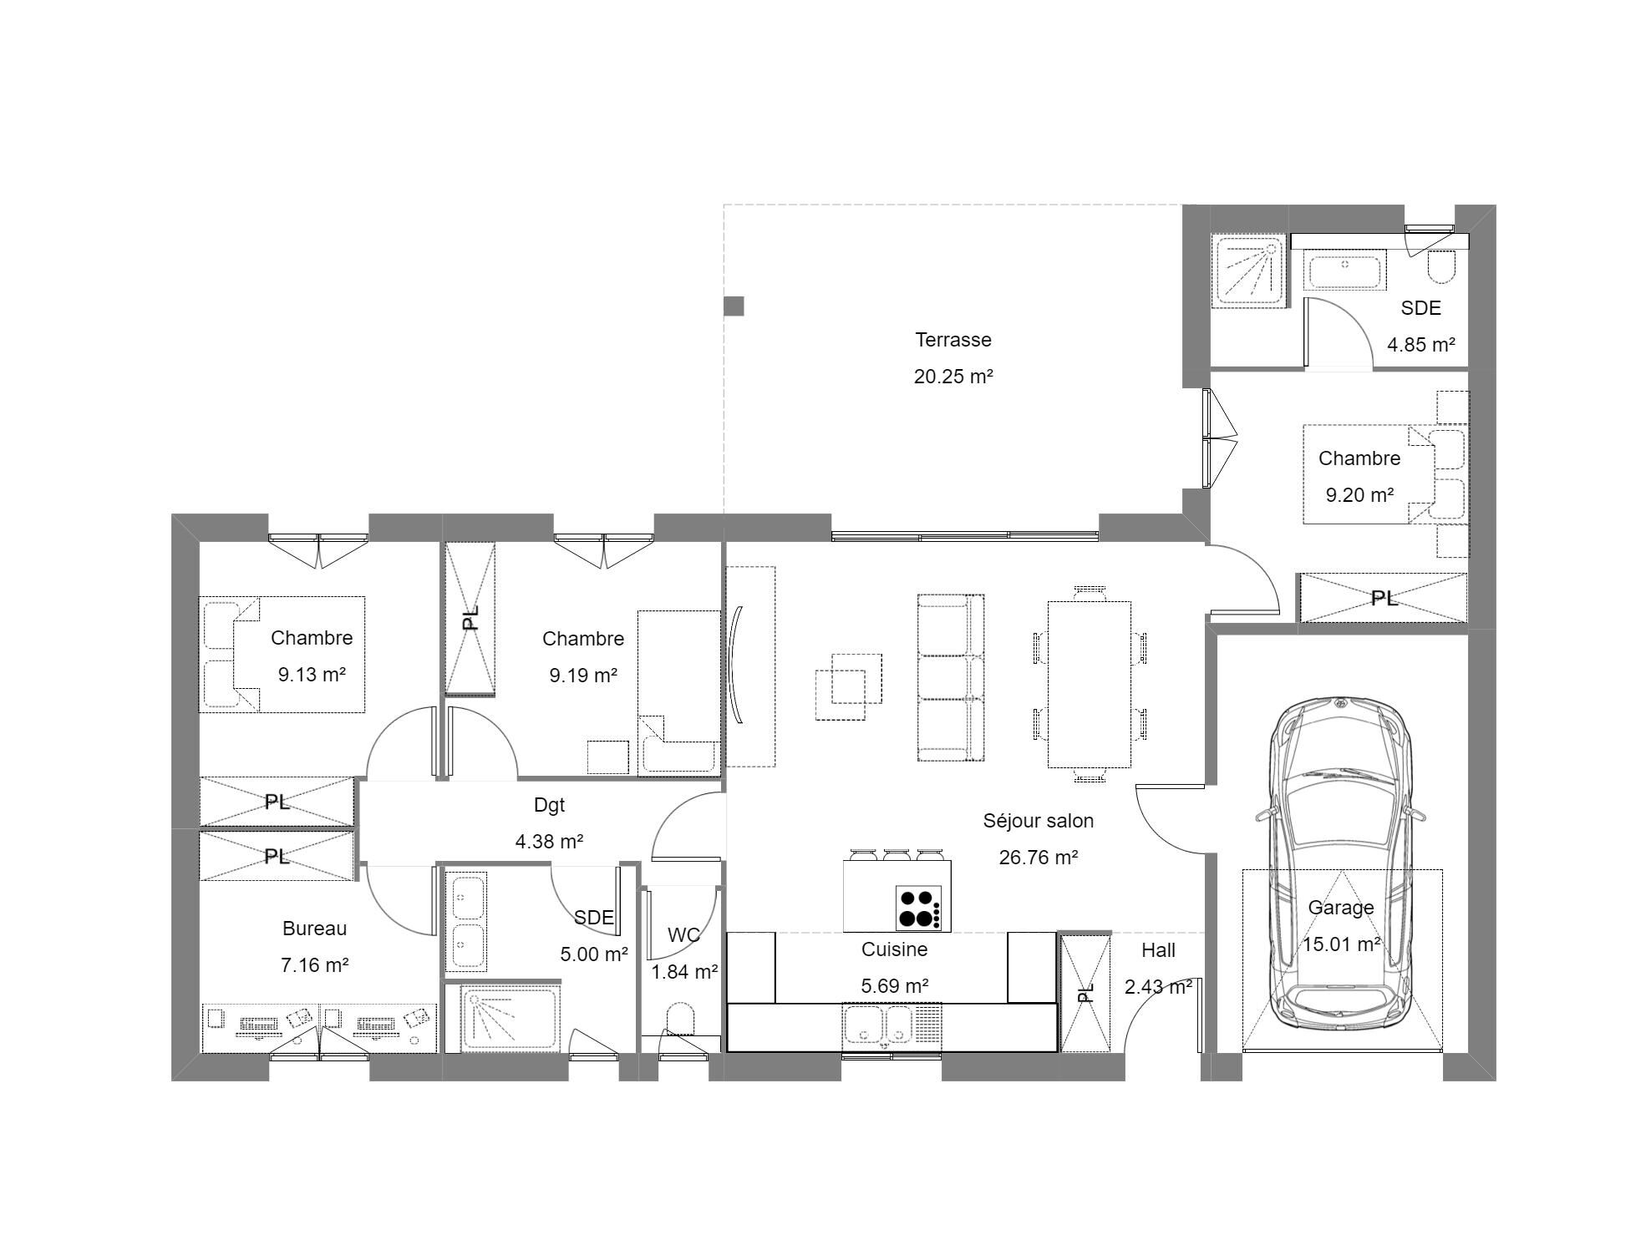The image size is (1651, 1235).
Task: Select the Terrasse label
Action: click(953, 340)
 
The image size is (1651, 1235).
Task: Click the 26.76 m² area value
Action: click(1039, 857)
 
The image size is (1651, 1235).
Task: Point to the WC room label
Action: click(683, 934)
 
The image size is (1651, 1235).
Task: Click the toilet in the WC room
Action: click(682, 1022)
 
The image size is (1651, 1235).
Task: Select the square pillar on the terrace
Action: click(734, 306)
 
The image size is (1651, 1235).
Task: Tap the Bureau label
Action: click(314, 928)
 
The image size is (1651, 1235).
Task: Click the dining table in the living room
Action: click(1090, 684)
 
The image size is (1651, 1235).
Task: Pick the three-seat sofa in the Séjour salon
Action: click(951, 678)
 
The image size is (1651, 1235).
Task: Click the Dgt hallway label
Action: click(549, 805)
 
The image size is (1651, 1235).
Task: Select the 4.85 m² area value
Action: click(1421, 344)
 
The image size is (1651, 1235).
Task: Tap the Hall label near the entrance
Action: click(1158, 949)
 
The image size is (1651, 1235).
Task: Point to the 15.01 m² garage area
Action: click(1342, 944)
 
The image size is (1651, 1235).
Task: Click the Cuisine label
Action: click(894, 949)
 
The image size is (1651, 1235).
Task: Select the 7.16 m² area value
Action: click(314, 964)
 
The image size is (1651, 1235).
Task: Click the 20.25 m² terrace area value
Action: click(953, 376)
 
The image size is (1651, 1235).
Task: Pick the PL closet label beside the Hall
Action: click(1085, 992)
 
